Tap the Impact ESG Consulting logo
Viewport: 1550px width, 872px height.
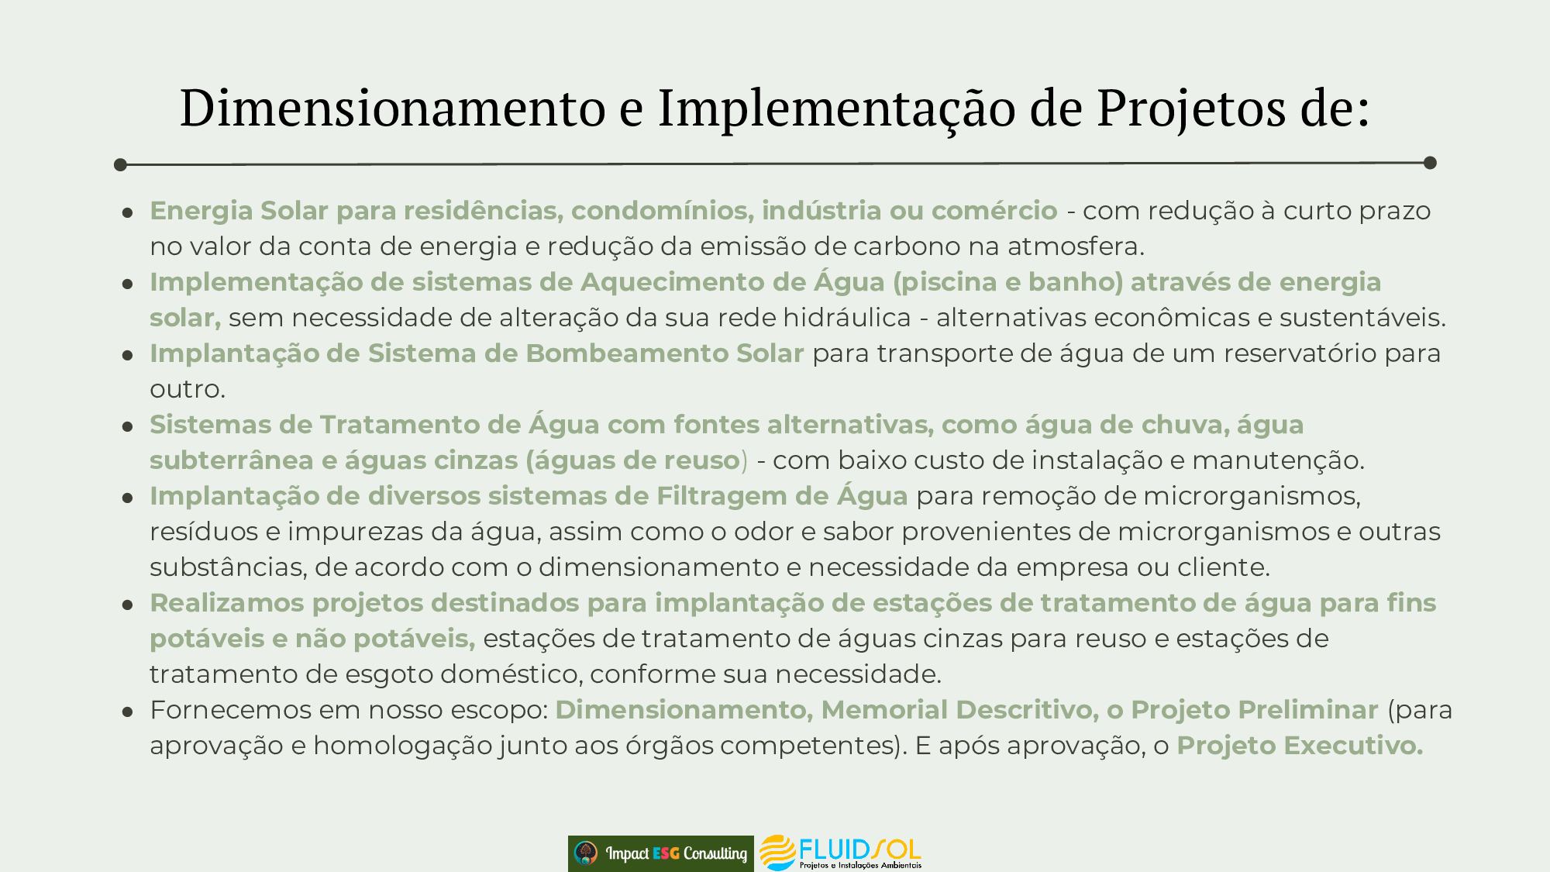click(x=661, y=853)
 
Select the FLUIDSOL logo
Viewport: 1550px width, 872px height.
click(x=840, y=853)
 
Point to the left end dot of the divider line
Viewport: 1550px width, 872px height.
click(x=120, y=164)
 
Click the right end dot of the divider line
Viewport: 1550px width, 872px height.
click(x=1431, y=163)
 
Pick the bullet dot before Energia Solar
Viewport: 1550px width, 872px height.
click(x=128, y=212)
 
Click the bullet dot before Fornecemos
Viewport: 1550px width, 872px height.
click(x=128, y=711)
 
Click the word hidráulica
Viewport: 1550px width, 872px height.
click(x=847, y=318)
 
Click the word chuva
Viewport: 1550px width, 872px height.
click(x=1184, y=425)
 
